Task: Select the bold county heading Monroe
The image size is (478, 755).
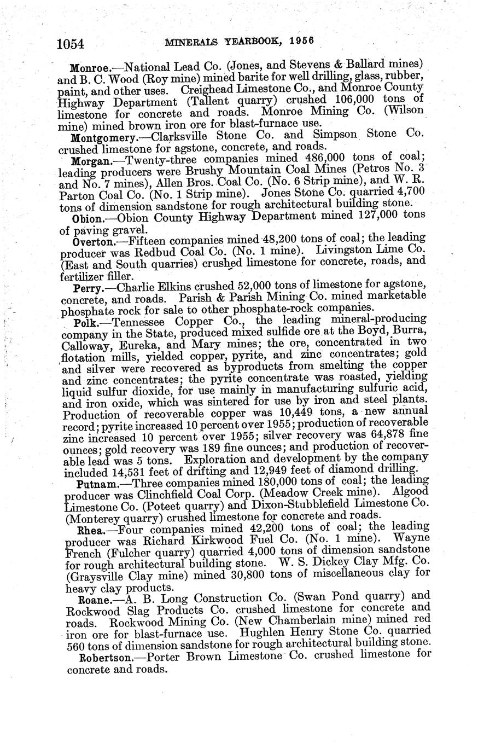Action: tap(90, 68)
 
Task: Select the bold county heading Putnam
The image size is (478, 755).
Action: tap(93, 484)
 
